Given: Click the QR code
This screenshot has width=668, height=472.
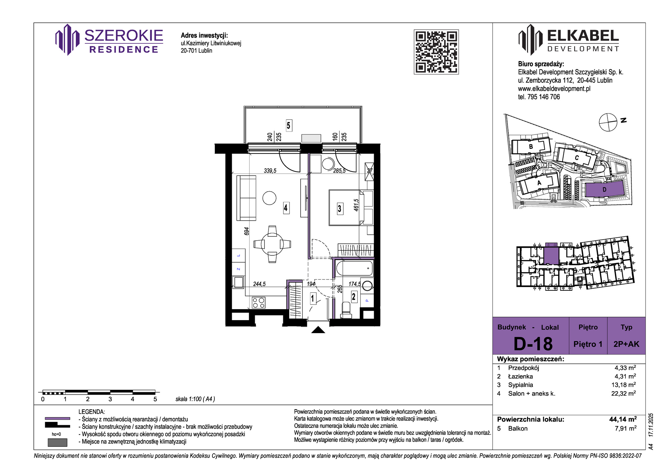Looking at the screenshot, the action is (436, 52).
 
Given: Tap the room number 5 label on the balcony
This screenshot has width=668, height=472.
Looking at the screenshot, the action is (289, 126).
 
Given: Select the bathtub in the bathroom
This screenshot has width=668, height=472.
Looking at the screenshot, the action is (354, 268).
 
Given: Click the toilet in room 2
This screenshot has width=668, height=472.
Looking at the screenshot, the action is (346, 310).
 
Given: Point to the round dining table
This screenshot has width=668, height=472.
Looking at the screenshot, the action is (272, 244).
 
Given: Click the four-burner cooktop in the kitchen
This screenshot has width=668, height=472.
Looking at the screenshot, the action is (259, 303).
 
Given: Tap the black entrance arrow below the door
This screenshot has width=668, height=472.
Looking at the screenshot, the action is (318, 330).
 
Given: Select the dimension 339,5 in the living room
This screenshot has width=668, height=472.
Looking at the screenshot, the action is (270, 171).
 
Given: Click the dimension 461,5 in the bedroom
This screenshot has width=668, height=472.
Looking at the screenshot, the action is (356, 205).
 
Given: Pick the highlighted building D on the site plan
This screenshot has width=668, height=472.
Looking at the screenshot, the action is (605, 190).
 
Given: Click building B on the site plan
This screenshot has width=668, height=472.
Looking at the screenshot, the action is (531, 147).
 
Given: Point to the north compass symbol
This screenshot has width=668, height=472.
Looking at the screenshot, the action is (608, 122).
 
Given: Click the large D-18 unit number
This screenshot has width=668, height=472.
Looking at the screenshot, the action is (533, 344).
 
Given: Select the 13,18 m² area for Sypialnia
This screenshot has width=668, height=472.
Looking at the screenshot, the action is (624, 385).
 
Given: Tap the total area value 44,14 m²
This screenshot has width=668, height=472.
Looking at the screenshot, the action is (623, 419).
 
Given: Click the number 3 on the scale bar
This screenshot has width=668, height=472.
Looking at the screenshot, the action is (110, 399).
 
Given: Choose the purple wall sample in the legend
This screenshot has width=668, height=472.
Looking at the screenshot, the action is (57, 418).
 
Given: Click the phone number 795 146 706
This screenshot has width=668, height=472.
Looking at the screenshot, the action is (543, 97).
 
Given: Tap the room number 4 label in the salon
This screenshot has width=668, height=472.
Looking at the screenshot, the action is (286, 208).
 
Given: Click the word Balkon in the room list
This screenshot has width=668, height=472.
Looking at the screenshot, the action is (518, 429).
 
